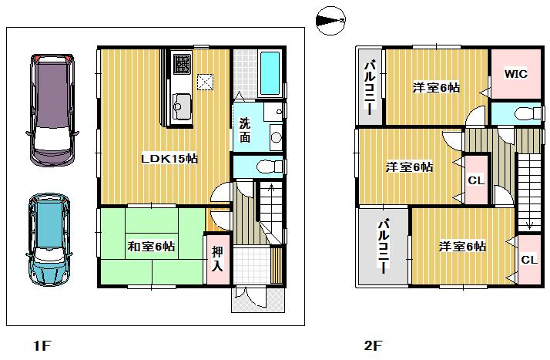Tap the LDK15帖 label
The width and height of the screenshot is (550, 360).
[169, 158]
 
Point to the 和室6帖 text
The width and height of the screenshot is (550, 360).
[151, 247]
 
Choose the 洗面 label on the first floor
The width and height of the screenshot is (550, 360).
[244, 130]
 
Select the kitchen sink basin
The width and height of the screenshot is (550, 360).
[183, 102]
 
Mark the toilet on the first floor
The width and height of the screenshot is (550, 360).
[266, 166]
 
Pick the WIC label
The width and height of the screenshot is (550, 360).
[515, 74]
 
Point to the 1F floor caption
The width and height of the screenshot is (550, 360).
[42, 344]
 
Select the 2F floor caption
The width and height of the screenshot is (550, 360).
[372, 344]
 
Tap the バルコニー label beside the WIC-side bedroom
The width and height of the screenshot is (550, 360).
[370, 86]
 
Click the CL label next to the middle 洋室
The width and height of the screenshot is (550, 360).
[475, 182]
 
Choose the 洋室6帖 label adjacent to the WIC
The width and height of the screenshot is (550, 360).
[436, 88]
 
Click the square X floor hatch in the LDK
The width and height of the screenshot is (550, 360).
[206, 81]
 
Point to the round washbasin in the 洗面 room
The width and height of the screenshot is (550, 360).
[276, 138]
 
